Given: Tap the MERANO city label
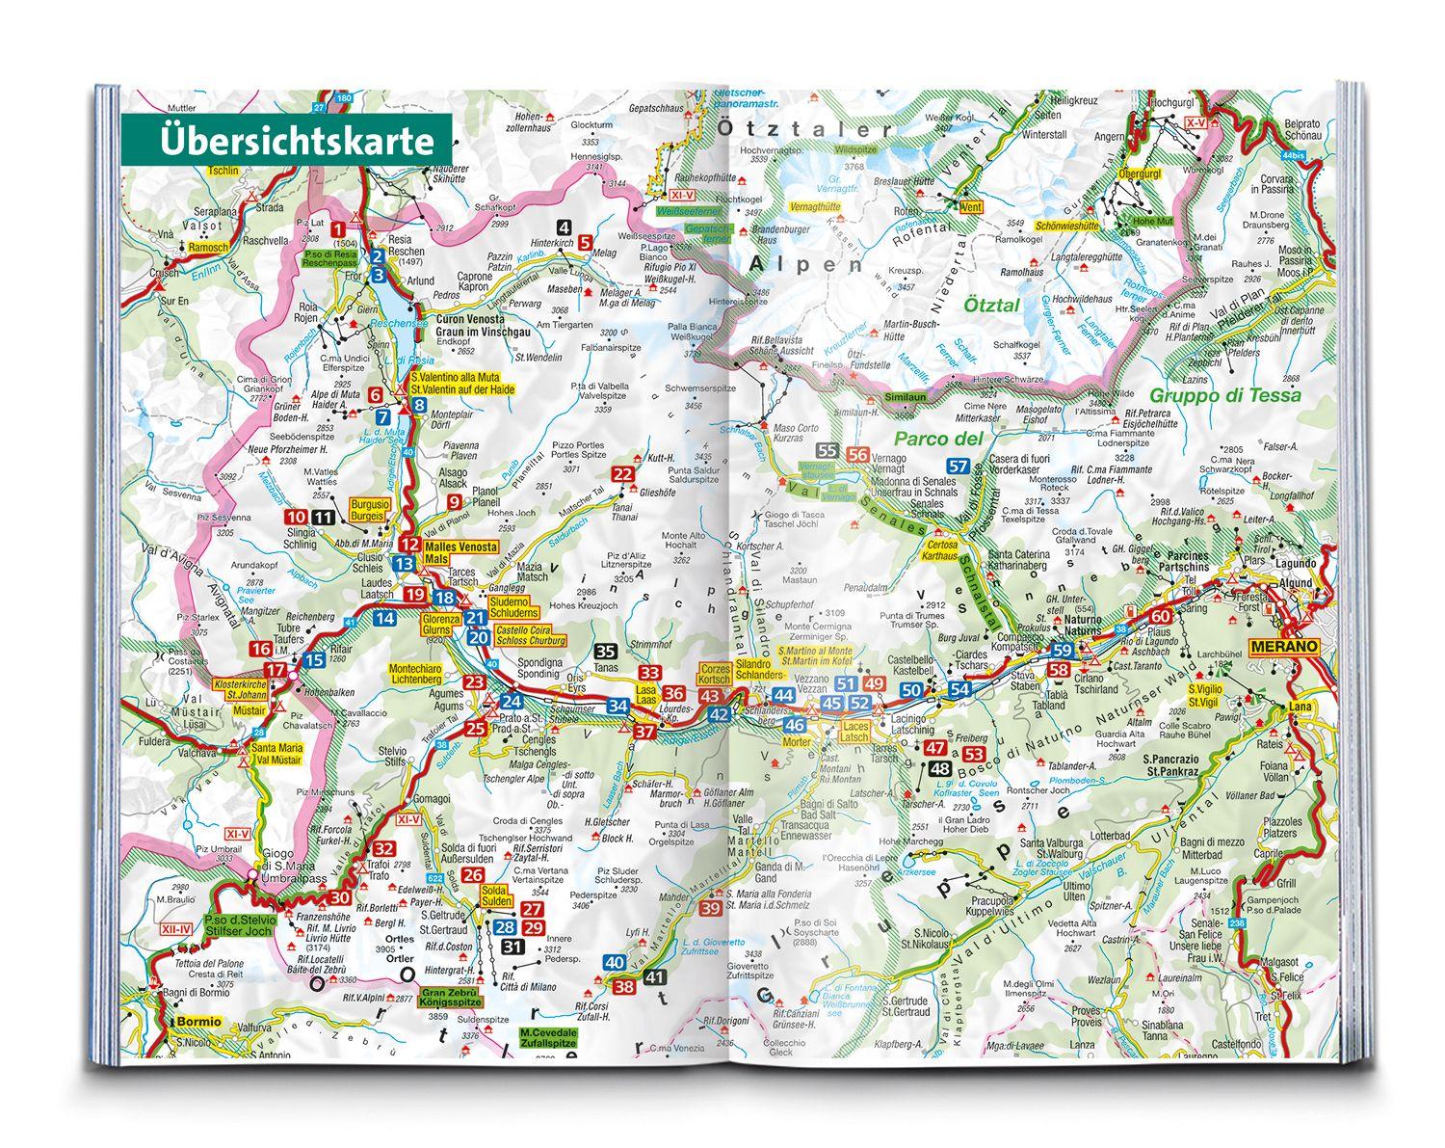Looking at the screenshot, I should point(1282,646).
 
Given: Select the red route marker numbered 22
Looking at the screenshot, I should point(624,473).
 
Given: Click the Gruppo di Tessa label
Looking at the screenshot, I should point(1224,394).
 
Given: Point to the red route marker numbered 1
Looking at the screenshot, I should point(338,228).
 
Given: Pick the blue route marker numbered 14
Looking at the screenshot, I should point(385,619).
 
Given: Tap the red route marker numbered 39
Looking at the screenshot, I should point(711,907).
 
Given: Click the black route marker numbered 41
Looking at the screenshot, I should point(655,978).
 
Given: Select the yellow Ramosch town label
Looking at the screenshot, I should point(209,248).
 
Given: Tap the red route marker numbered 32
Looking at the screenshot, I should point(383,848).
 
